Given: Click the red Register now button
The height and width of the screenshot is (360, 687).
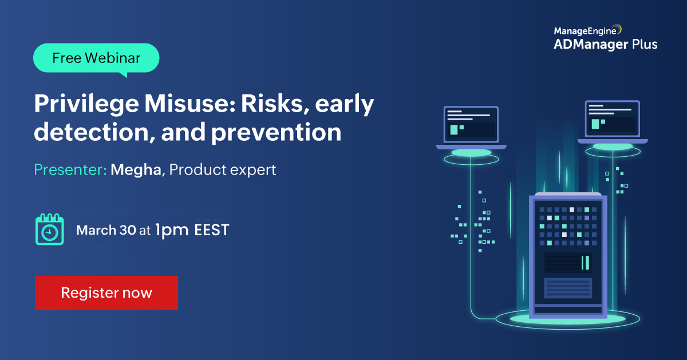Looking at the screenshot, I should coord(106,292).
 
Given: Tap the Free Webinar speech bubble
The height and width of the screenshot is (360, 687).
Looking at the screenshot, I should coord(96,58).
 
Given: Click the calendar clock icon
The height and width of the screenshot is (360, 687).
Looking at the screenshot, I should coord(49,230).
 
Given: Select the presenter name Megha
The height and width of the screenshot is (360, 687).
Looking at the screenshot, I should coord(136,169).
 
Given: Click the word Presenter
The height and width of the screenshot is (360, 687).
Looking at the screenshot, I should coord(70,169).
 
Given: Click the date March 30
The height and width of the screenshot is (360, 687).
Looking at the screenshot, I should coord(106,230).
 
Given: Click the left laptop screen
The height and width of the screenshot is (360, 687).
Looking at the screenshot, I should coord(471,122).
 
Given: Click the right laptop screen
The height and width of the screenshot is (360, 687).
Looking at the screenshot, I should coord(613,118).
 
